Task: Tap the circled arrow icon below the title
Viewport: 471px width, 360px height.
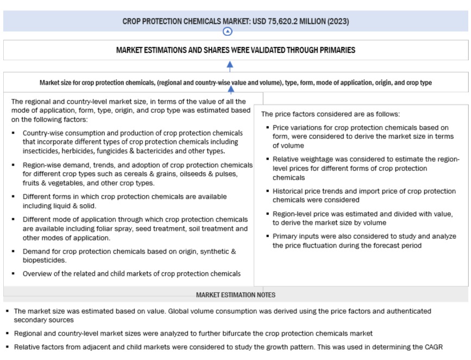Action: (x=228, y=31)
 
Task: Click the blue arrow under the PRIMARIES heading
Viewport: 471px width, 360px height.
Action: (x=230, y=66)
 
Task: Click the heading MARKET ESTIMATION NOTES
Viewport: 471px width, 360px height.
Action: (x=235, y=295)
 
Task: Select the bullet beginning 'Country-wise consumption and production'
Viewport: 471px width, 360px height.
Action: (x=133, y=142)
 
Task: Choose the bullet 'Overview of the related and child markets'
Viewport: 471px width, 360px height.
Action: (x=131, y=274)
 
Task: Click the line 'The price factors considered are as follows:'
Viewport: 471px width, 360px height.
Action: (x=330, y=114)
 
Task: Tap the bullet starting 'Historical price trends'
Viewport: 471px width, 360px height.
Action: (x=364, y=195)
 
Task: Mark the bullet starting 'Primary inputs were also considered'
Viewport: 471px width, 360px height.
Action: (x=364, y=241)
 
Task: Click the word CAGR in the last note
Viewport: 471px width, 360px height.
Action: (x=441, y=346)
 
